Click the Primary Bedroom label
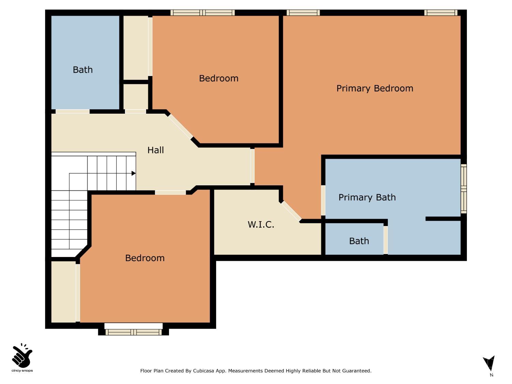(374, 88)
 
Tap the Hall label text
(156, 150)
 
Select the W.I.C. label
(261, 225)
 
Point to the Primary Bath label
(367, 198)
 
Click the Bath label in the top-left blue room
(83, 70)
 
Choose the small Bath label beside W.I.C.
(359, 241)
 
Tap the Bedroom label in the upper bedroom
(218, 79)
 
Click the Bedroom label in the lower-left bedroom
(145, 258)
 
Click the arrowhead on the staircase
(133, 173)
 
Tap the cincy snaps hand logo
(22, 356)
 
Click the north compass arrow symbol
(489, 364)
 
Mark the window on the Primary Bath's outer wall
(464, 189)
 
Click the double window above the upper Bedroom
(202, 13)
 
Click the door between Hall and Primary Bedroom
(252, 166)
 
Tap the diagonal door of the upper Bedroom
(180, 126)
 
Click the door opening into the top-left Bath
(72, 112)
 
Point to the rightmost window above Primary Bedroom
(441, 13)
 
